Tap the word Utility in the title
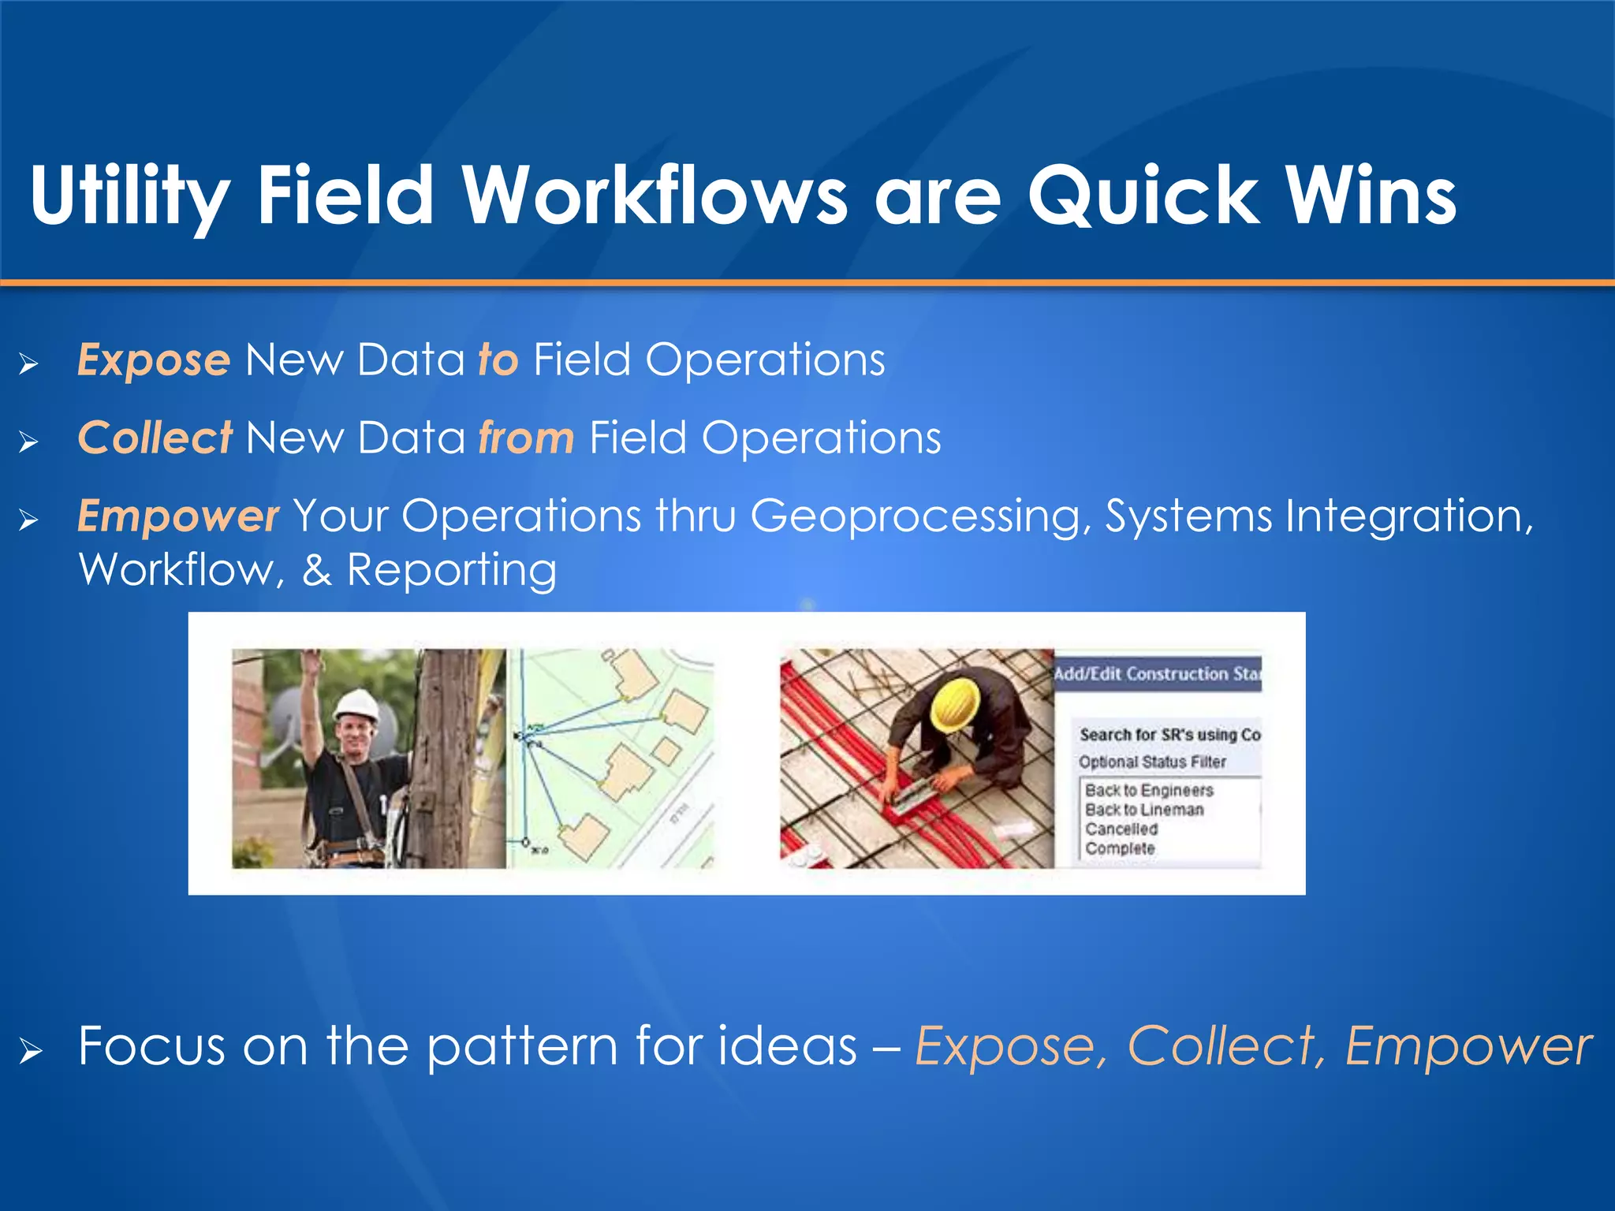[x=130, y=196]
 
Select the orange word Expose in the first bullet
[x=154, y=361]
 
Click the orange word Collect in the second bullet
[x=155, y=438]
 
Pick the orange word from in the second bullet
[x=526, y=438]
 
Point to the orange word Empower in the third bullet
[x=178, y=516]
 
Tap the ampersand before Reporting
[x=316, y=570]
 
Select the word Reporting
[x=451, y=570]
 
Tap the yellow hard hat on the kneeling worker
[x=956, y=703]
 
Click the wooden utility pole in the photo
[x=446, y=757]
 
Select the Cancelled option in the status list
[x=1121, y=829]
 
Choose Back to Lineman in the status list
[x=1143, y=810]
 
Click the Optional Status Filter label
[x=1152, y=762]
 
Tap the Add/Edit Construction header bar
[x=1158, y=674]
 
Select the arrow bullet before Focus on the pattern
[x=29, y=1051]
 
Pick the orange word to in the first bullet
[x=498, y=360]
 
